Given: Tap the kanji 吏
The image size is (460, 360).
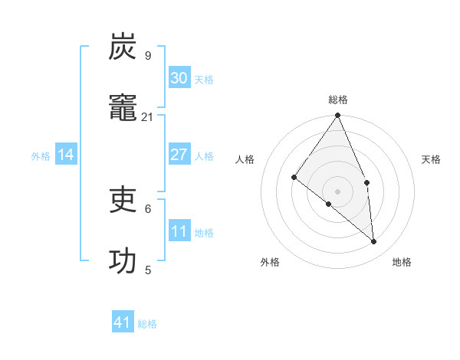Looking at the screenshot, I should click(x=123, y=200).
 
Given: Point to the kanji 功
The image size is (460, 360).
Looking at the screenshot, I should click(x=123, y=261).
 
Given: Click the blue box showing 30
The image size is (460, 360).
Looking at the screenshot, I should click(x=179, y=78).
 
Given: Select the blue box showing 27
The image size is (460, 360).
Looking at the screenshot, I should click(x=179, y=155).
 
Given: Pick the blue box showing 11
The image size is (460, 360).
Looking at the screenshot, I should click(x=179, y=231).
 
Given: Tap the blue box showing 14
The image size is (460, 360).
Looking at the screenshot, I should click(x=66, y=155).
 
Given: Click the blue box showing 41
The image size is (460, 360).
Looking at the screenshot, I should click(x=123, y=322).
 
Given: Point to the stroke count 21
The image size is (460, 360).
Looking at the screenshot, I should click(x=148, y=117).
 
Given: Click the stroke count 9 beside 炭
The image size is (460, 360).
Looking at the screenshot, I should click(x=148, y=56).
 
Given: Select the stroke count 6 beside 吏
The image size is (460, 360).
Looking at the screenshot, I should click(x=148, y=208).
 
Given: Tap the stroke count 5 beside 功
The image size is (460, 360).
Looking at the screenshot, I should click(x=148, y=270).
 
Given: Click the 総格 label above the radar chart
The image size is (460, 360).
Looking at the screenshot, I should click(x=338, y=100).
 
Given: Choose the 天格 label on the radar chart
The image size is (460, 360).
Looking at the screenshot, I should click(x=431, y=159).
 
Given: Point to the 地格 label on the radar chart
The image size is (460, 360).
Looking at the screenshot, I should click(x=402, y=262).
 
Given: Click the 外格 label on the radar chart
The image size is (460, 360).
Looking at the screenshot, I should click(x=270, y=262).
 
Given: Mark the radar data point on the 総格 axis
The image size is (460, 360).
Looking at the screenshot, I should click(x=338, y=116).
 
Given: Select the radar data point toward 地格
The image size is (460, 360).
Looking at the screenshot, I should click(x=373, y=241).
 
